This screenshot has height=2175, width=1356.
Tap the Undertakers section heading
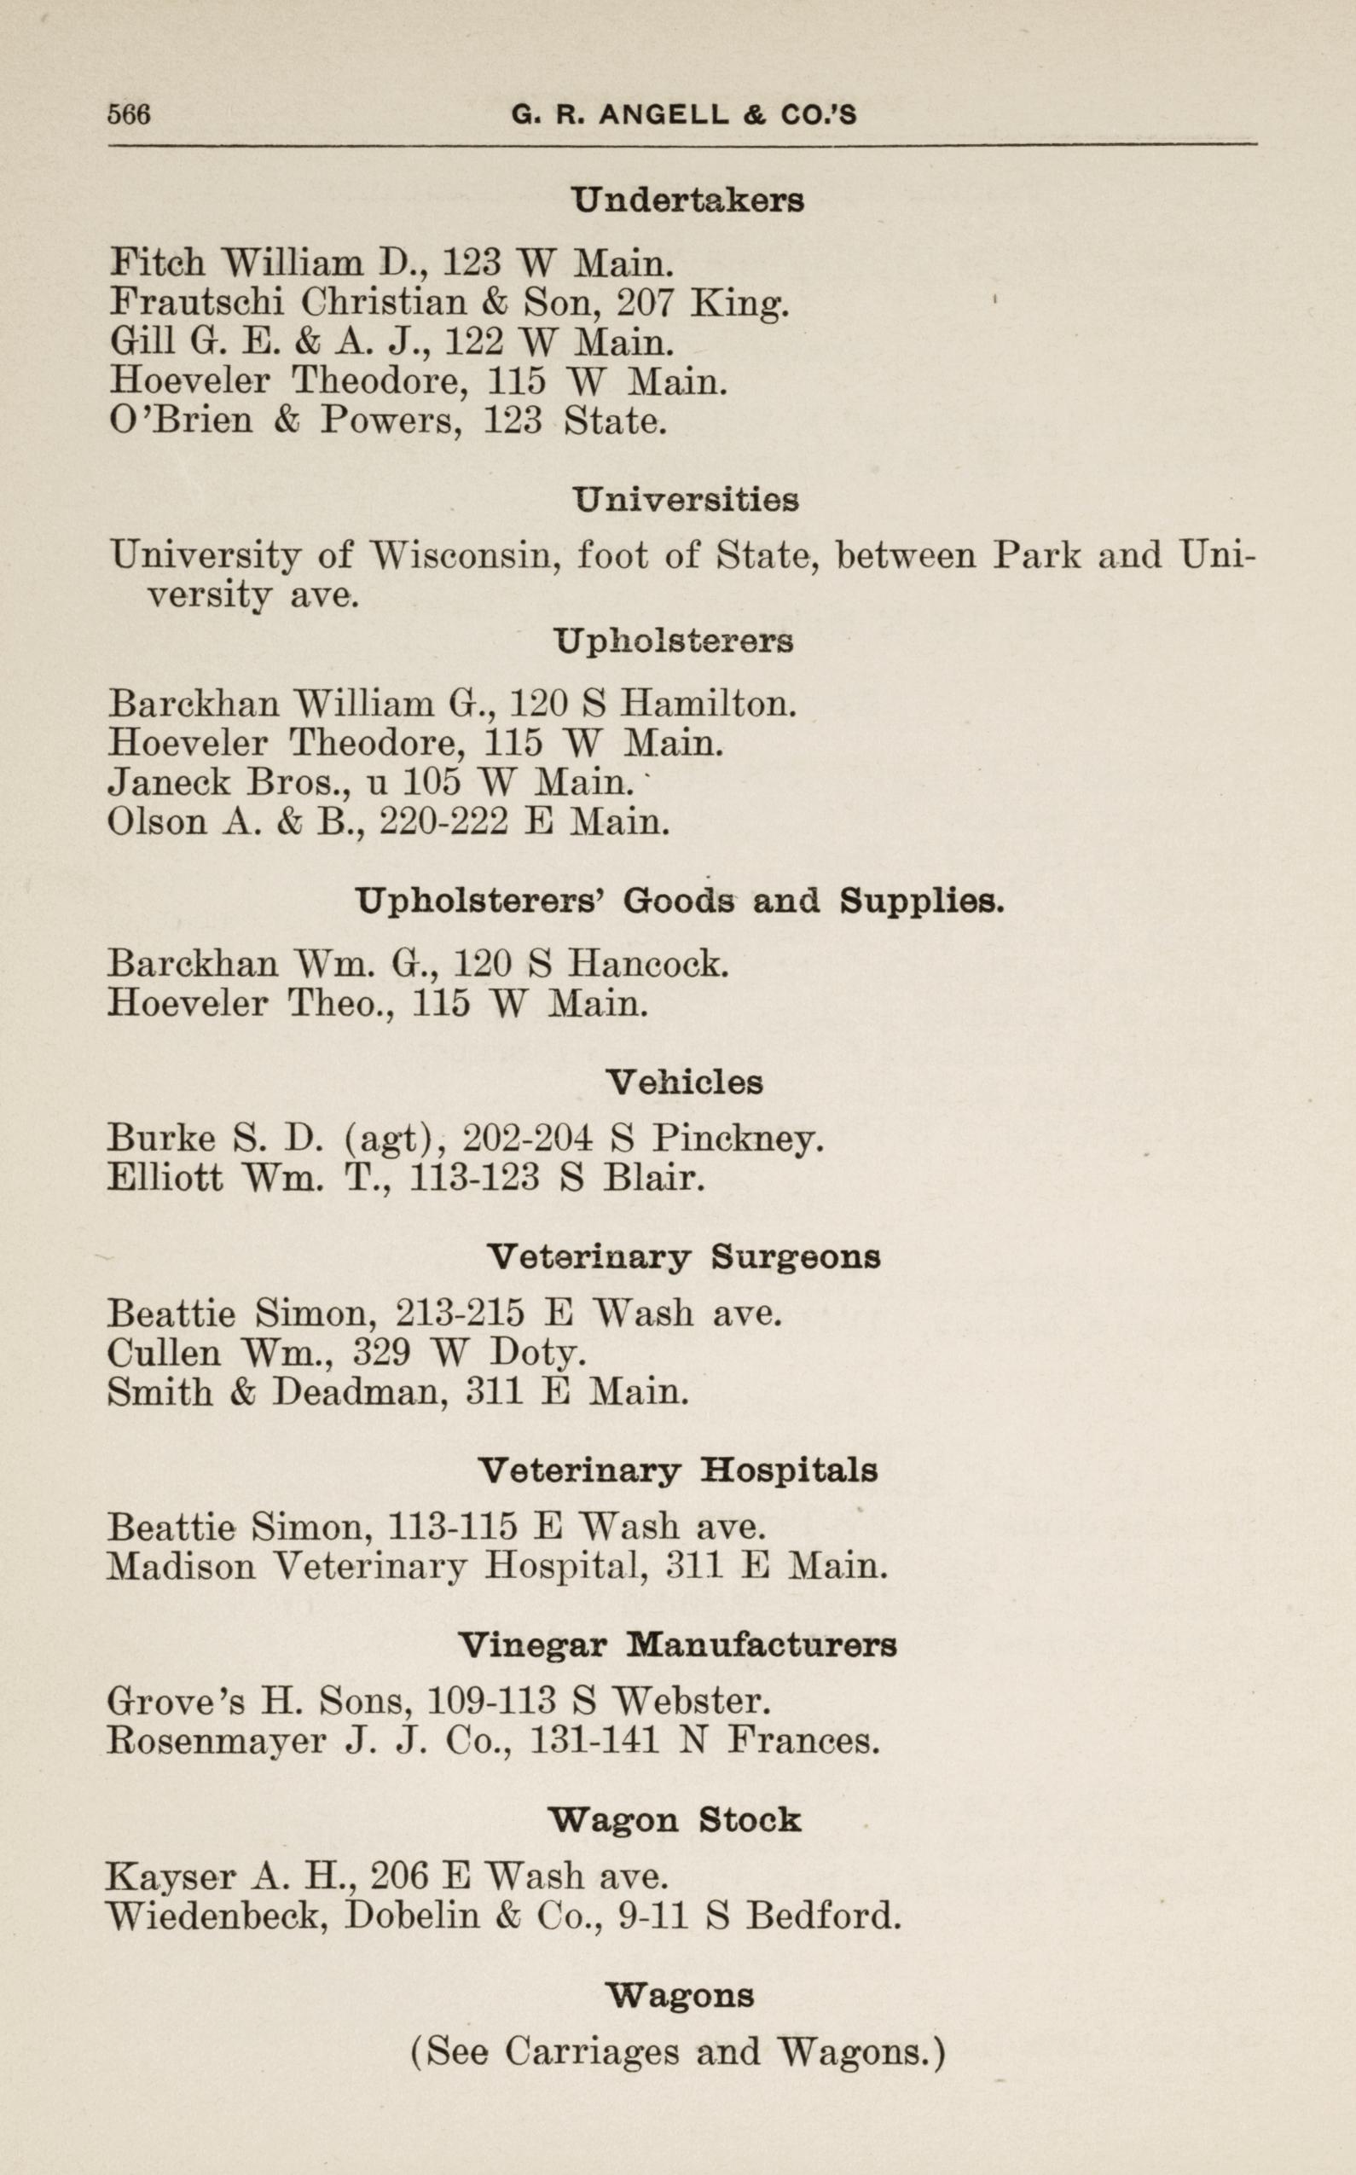688,200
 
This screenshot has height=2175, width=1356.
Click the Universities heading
686,499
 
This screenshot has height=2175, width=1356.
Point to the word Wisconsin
466,555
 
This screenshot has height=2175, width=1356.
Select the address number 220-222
445,821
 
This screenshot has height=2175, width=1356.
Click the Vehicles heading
684,1082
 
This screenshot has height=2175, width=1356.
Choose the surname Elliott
165,1177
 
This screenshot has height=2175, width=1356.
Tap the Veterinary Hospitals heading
677,1470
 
